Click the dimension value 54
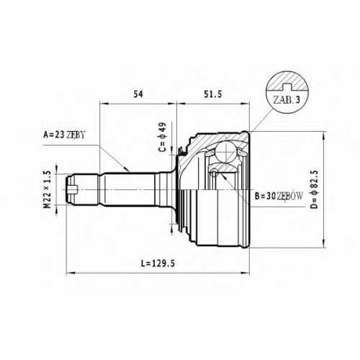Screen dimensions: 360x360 138,94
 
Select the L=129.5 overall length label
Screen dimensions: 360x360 158,264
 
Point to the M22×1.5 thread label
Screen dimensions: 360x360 48,189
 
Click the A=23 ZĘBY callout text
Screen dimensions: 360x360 64,135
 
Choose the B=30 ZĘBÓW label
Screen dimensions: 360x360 279,197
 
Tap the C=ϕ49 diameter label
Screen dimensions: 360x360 163,137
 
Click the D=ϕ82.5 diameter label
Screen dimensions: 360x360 315,189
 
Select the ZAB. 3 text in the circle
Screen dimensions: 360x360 287,100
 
